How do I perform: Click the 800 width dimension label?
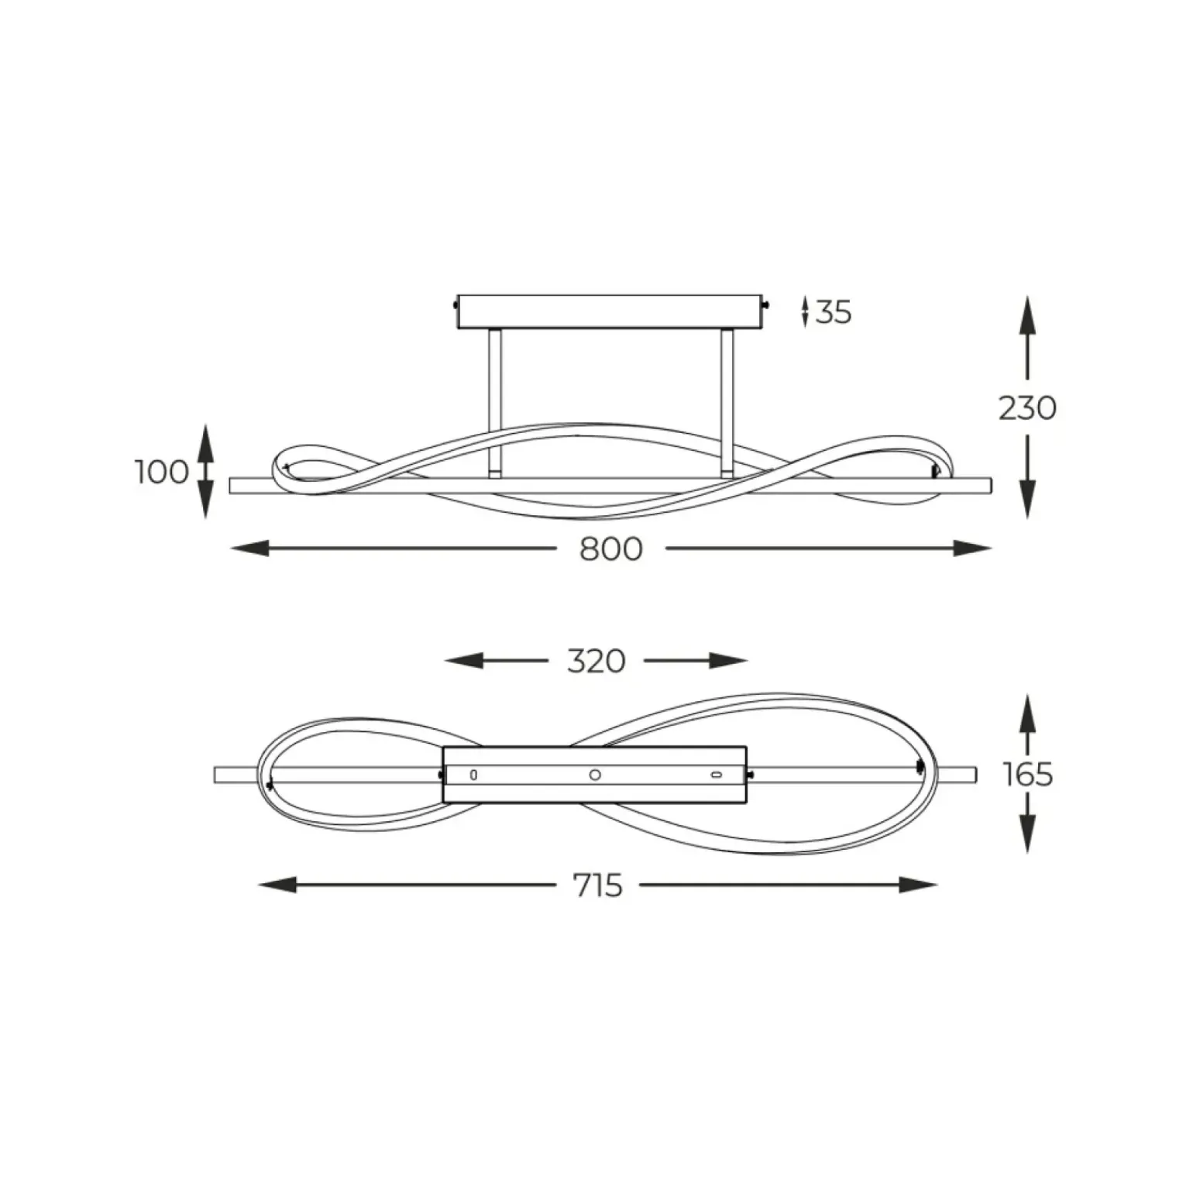[x=611, y=549]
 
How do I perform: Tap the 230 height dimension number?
[x=1027, y=408]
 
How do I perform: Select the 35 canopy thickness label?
[x=834, y=312]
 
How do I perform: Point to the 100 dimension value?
[x=162, y=472]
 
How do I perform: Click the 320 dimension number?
[x=596, y=662]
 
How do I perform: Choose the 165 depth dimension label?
[x=1029, y=774]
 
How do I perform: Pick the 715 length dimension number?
[x=598, y=885]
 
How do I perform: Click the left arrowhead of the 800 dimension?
[x=249, y=549]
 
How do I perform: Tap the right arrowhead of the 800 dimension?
[x=973, y=549]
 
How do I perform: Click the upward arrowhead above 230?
[x=1027, y=315]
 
